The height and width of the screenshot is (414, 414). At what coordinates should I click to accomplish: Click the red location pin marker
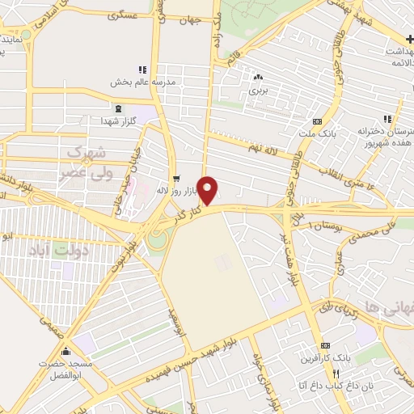pos(209,190)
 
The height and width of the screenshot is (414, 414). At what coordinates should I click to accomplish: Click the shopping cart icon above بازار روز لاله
pos(176,179)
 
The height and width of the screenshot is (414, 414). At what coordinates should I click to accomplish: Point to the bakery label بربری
pos(257,91)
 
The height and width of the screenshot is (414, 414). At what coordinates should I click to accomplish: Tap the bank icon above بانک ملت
pos(327,120)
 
